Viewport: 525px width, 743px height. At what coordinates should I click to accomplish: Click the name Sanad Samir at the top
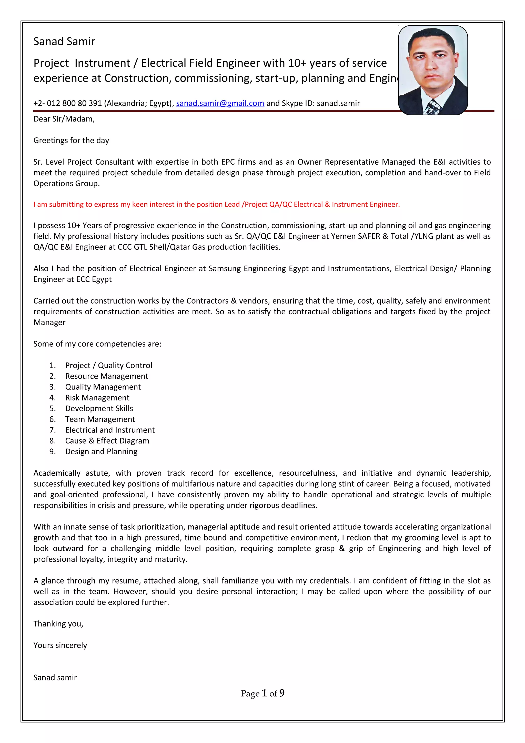pos(64,42)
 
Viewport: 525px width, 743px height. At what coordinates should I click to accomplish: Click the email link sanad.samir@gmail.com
pos(220,103)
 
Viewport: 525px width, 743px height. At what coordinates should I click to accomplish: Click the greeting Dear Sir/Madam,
pos(64,119)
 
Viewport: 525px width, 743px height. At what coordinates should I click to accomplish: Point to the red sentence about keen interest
pos(216,204)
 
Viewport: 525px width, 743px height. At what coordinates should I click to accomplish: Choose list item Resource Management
pos(106,376)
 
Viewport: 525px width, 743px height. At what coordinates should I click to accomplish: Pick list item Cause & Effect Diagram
pos(107,441)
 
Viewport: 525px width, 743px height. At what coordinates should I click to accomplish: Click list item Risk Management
pos(97,398)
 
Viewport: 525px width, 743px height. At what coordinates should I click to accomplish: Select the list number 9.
pos(52,451)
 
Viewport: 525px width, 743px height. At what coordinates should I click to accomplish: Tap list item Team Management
pos(100,419)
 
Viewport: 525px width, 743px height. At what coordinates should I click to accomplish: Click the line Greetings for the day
pos(71,140)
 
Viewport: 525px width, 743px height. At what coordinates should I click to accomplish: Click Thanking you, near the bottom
pos(58,624)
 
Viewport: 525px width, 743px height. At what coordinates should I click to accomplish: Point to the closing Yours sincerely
pos(60,645)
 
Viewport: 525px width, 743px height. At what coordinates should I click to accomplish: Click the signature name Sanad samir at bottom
pos(55,677)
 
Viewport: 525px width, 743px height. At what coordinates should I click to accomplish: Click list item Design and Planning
pos(101,451)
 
